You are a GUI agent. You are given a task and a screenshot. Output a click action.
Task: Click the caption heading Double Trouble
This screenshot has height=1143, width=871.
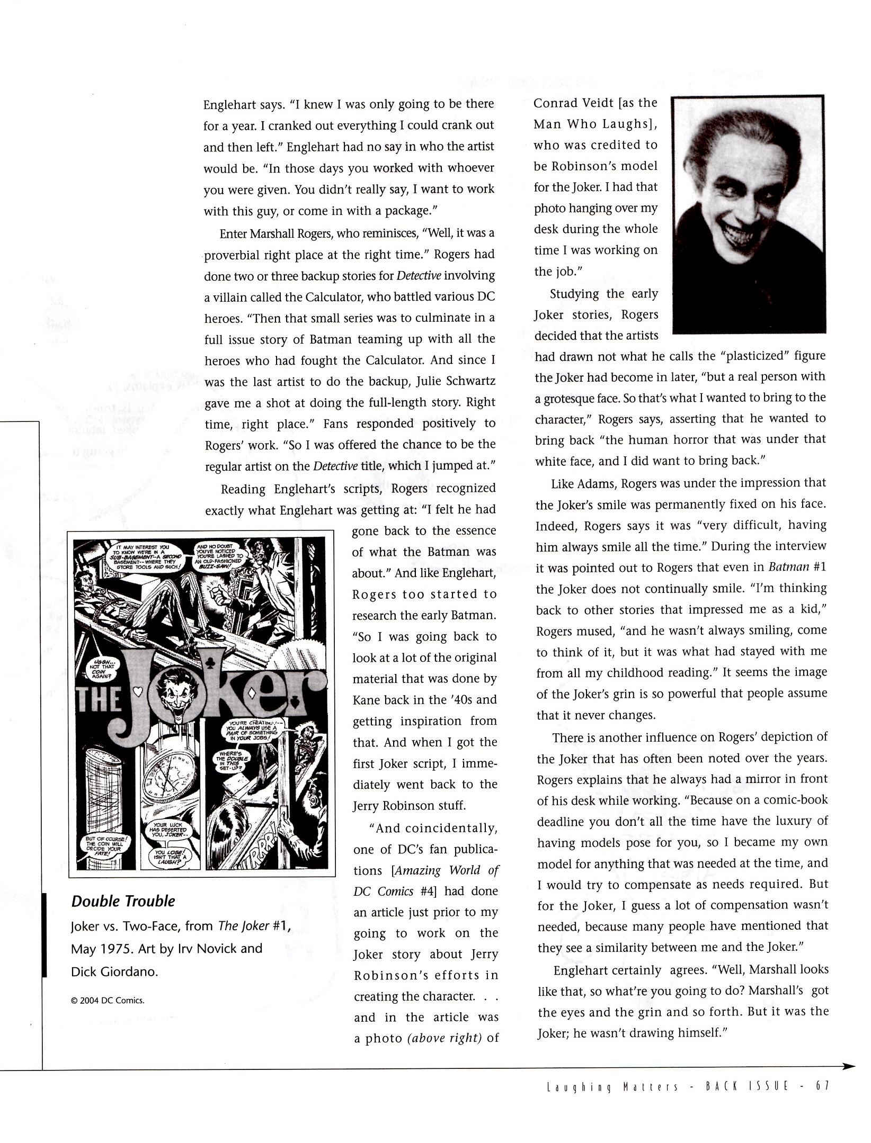(123, 901)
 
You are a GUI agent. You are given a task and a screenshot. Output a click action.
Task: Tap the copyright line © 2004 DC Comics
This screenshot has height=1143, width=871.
(107, 1001)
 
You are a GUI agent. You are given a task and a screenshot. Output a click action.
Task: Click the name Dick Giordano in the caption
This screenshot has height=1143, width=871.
(114, 972)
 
